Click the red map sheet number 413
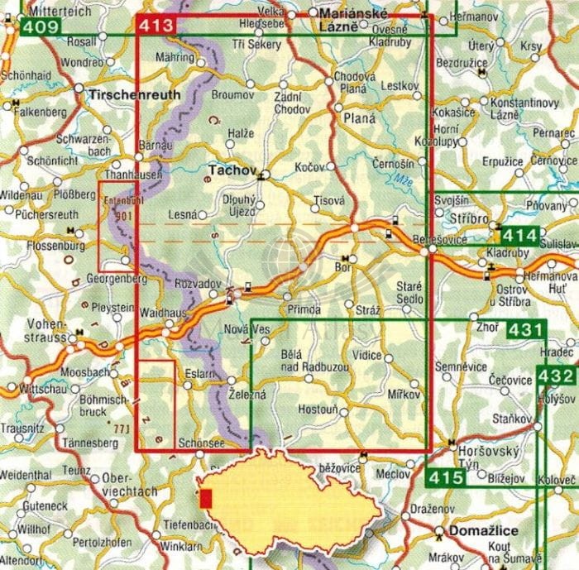[157, 26]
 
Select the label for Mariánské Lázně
[346, 20]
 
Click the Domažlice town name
[485, 531]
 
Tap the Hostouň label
[317, 410]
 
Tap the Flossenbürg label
[33, 245]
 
